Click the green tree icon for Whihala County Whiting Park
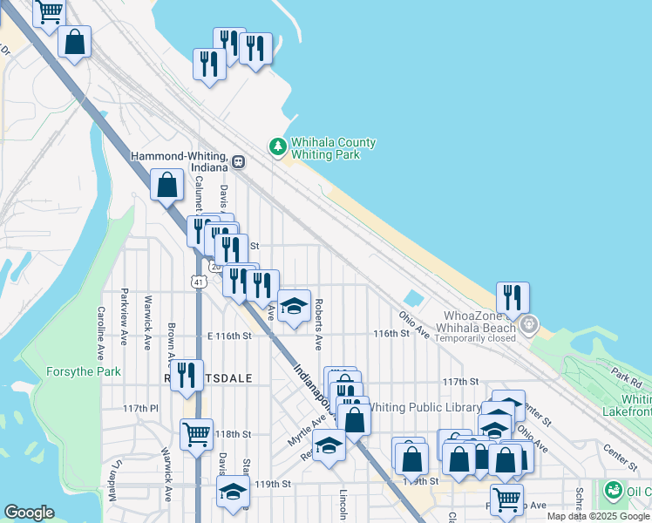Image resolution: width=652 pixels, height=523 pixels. [278, 147]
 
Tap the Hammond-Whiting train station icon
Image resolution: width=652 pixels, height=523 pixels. [238, 161]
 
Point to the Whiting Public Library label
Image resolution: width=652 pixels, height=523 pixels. [425, 407]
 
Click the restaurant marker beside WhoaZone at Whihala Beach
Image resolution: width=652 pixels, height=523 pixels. [513, 297]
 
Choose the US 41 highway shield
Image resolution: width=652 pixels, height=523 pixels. [200, 282]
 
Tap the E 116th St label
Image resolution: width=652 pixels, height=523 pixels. [229, 336]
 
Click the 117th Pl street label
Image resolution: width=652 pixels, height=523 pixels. [140, 408]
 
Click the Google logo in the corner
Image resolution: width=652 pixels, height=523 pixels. [29, 513]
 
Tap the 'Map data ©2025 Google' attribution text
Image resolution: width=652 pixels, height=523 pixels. [598, 517]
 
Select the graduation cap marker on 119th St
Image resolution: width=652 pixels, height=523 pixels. [233, 492]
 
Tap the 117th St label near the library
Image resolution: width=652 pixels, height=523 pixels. [460, 382]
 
